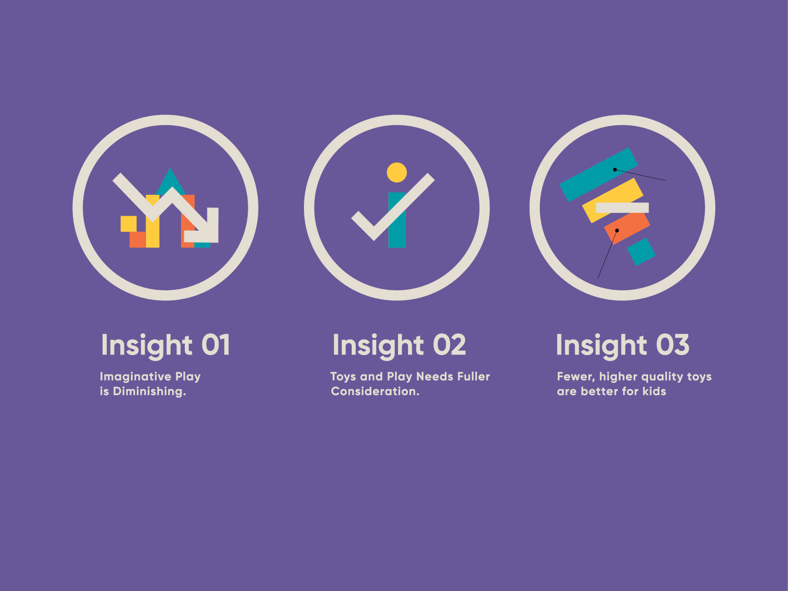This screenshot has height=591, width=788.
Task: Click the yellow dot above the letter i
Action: click(397, 173)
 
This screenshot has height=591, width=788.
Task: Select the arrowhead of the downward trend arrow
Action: click(205, 228)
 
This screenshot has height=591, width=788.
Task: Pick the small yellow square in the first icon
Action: click(129, 224)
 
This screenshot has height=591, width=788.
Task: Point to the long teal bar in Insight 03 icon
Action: click(598, 174)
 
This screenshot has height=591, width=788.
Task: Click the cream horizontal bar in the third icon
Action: click(622, 208)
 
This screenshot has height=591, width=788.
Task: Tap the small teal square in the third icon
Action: click(641, 252)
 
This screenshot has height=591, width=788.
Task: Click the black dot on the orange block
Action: click(617, 231)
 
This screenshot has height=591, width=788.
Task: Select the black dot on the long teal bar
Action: click(615, 169)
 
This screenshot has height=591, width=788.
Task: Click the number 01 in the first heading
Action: click(216, 345)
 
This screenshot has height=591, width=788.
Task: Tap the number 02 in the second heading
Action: click(450, 345)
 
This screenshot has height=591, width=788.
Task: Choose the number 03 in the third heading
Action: click(673, 345)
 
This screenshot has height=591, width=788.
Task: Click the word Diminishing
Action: click(149, 391)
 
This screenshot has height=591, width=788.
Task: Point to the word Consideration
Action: click(375, 391)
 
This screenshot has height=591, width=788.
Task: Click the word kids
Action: click(654, 391)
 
